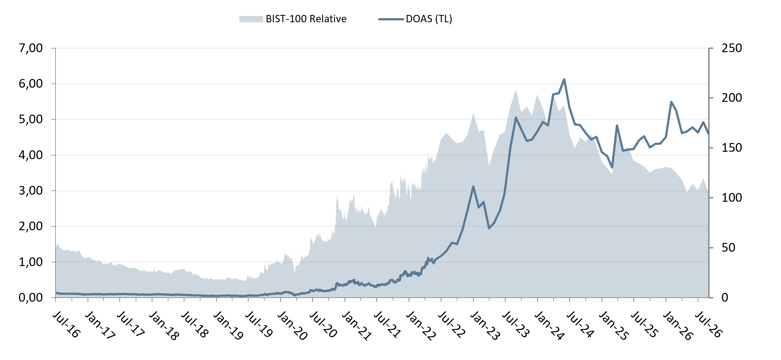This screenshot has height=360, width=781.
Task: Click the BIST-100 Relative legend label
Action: click(x=306, y=19)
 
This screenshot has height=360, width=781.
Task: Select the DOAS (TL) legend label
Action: click(x=429, y=19)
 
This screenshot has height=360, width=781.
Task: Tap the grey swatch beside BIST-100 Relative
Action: click(x=251, y=19)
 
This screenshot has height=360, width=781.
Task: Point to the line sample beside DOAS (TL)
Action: click(x=391, y=19)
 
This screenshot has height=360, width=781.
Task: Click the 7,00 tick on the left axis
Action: click(x=31, y=48)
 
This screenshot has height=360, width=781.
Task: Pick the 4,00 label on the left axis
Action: click(x=31, y=155)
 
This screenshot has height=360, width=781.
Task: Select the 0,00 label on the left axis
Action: click(x=31, y=298)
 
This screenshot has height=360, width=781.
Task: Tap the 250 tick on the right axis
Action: click(x=732, y=48)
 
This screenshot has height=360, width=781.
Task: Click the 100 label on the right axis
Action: click(x=732, y=198)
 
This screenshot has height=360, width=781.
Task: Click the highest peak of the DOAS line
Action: click(x=564, y=79)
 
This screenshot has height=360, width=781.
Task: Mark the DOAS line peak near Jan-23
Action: click(x=473, y=187)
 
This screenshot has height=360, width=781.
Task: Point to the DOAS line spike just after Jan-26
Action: click(x=671, y=102)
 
